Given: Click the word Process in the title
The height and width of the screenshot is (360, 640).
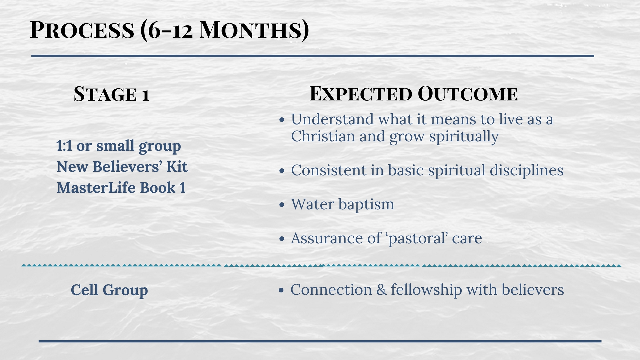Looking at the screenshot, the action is [x=82, y=30].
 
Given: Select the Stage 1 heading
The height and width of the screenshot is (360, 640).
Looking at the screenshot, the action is [x=111, y=94].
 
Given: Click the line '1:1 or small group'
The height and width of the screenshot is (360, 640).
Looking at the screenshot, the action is [x=119, y=146].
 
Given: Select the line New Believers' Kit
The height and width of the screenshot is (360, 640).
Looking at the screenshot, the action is [x=122, y=167].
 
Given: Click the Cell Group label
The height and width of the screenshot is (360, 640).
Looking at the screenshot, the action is [x=109, y=290].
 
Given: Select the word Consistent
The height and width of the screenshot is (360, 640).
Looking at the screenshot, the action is [x=329, y=170].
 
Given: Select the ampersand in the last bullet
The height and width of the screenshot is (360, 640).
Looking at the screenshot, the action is [x=381, y=290].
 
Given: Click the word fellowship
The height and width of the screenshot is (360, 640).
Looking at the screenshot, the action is [x=426, y=290].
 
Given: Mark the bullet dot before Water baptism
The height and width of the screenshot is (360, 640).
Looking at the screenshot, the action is [x=282, y=204].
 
